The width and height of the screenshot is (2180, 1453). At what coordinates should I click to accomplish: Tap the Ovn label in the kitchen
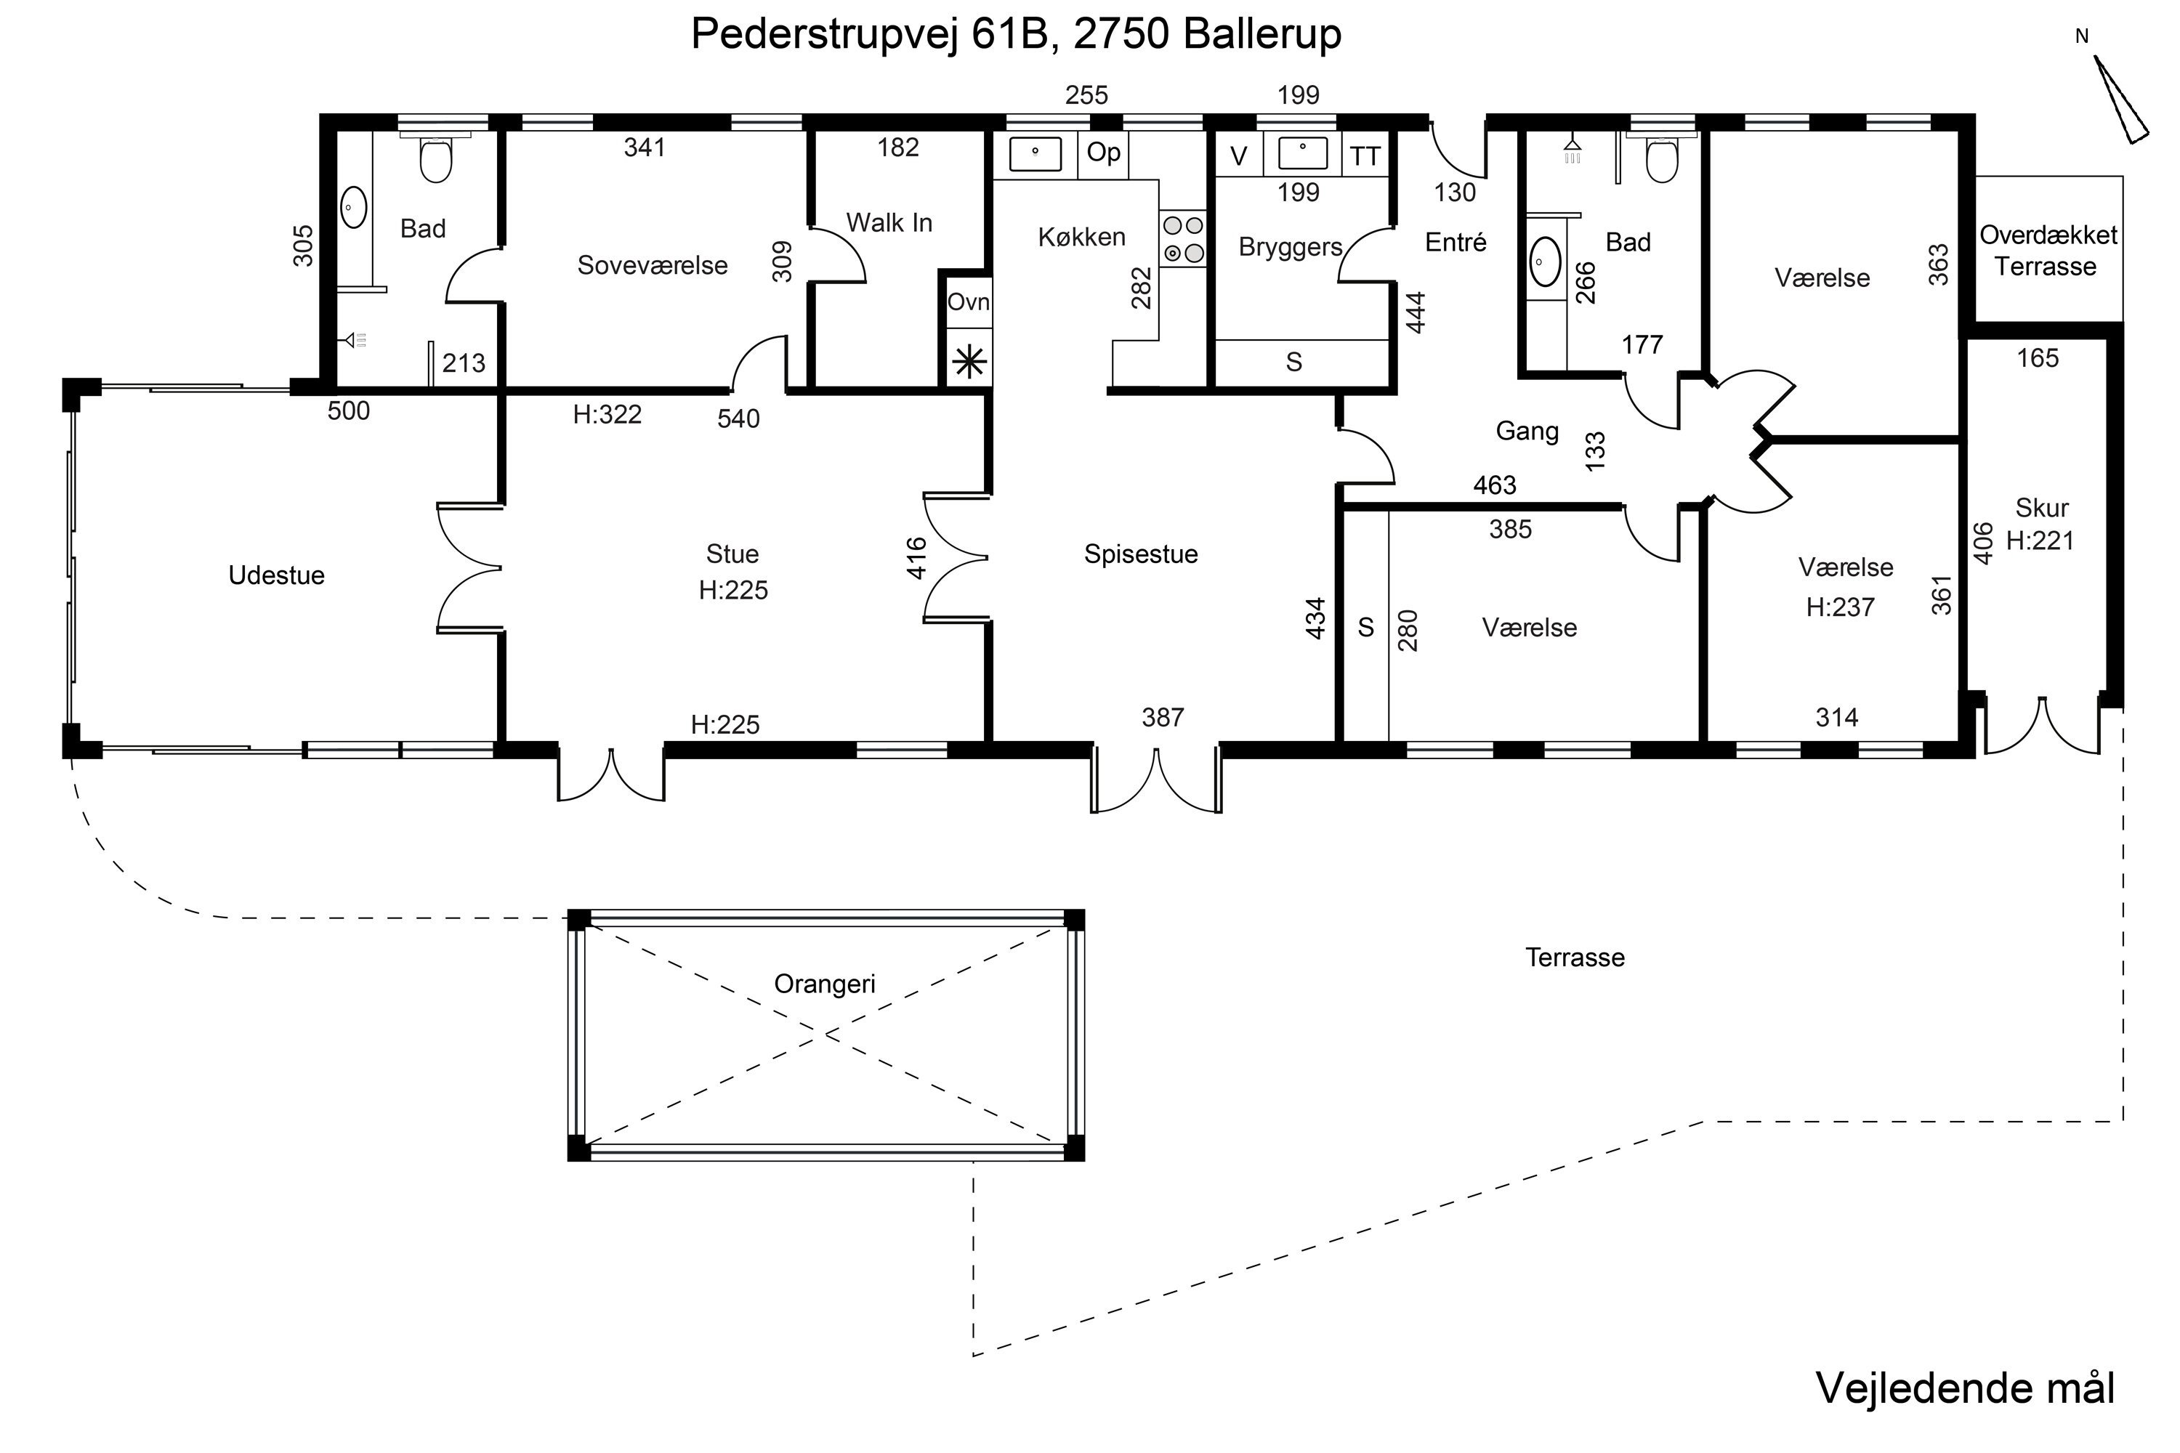click(968, 302)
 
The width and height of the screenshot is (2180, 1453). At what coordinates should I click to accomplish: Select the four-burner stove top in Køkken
click(1183, 239)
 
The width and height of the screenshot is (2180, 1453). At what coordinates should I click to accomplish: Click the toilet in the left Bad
click(435, 159)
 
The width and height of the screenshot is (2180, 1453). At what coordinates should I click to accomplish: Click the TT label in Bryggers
click(1365, 157)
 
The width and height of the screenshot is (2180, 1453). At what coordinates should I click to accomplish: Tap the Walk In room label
click(889, 222)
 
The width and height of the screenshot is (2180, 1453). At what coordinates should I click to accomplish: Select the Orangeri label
click(824, 983)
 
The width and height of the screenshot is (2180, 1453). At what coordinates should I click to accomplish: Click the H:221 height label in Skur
click(2039, 541)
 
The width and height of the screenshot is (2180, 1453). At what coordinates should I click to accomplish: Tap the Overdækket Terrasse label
click(2048, 250)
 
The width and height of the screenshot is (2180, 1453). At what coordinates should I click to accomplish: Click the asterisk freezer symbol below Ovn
click(969, 361)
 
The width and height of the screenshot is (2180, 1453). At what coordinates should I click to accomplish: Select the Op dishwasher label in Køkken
click(1103, 152)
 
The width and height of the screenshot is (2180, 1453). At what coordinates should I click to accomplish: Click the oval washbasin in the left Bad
click(354, 208)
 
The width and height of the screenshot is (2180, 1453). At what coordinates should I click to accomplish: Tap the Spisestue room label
click(1140, 554)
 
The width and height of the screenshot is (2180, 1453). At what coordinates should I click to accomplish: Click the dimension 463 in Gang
click(1494, 485)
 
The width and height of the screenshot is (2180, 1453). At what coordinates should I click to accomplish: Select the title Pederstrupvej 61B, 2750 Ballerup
click(1016, 35)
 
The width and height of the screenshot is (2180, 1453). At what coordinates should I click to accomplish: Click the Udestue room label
click(276, 575)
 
